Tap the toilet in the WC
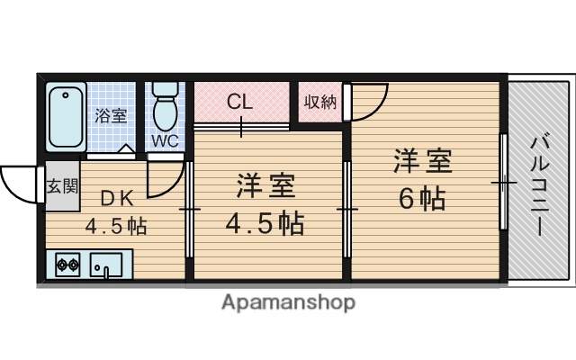coord(164,109)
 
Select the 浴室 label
coord(111,115)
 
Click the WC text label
coord(164,141)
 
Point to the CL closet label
coord(239,101)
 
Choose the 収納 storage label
coord(319,102)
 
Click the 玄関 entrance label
coord(62,187)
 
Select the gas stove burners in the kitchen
coord(67,265)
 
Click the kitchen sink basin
coord(107,265)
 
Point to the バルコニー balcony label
coord(539,184)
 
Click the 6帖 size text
coord(421,197)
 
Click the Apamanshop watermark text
coord(287,302)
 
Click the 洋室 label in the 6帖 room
coord(421,162)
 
